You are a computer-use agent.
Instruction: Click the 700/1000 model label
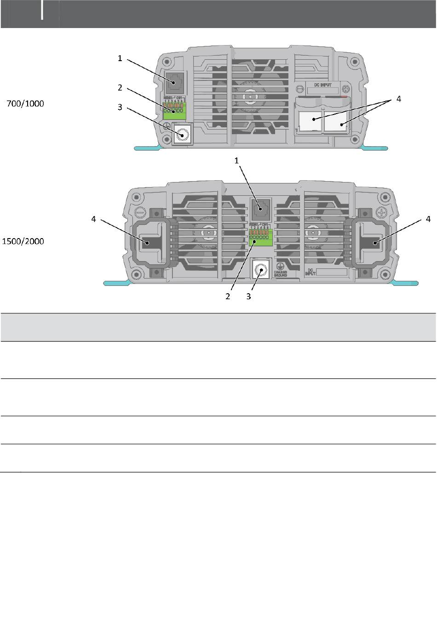pyautogui.click(x=25, y=104)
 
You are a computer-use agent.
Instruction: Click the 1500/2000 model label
pyautogui.click(x=23, y=241)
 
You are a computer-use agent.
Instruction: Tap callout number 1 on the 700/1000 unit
pyautogui.click(x=120, y=58)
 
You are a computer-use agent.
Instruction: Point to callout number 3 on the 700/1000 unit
pyautogui.click(x=120, y=107)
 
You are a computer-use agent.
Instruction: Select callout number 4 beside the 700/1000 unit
pyautogui.click(x=398, y=98)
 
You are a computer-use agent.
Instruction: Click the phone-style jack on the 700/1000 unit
pyautogui.click(x=174, y=83)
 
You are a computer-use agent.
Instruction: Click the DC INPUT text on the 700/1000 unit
pyautogui.click(x=323, y=85)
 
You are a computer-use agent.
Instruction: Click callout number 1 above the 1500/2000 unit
pyautogui.click(x=237, y=160)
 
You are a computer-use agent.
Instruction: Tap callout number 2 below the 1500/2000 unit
pyautogui.click(x=228, y=296)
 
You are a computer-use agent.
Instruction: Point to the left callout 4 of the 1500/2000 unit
pyautogui.click(x=93, y=219)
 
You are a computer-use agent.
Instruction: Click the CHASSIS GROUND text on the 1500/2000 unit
pyautogui.click(x=281, y=273)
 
